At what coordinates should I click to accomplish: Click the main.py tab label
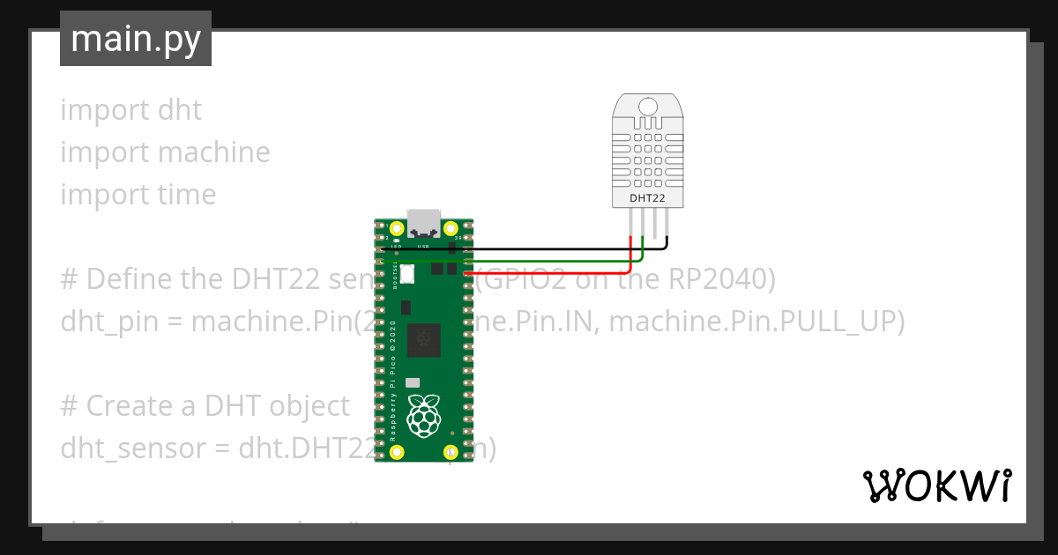[136, 40]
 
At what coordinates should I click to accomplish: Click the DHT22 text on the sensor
[647, 198]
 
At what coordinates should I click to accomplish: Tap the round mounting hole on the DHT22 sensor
[648, 107]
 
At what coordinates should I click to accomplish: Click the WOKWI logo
[936, 485]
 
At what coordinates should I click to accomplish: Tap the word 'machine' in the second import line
[215, 152]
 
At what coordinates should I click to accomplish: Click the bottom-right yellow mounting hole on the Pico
[451, 452]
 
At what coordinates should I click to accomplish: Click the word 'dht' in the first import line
[180, 110]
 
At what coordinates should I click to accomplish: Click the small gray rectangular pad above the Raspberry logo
[412, 383]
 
